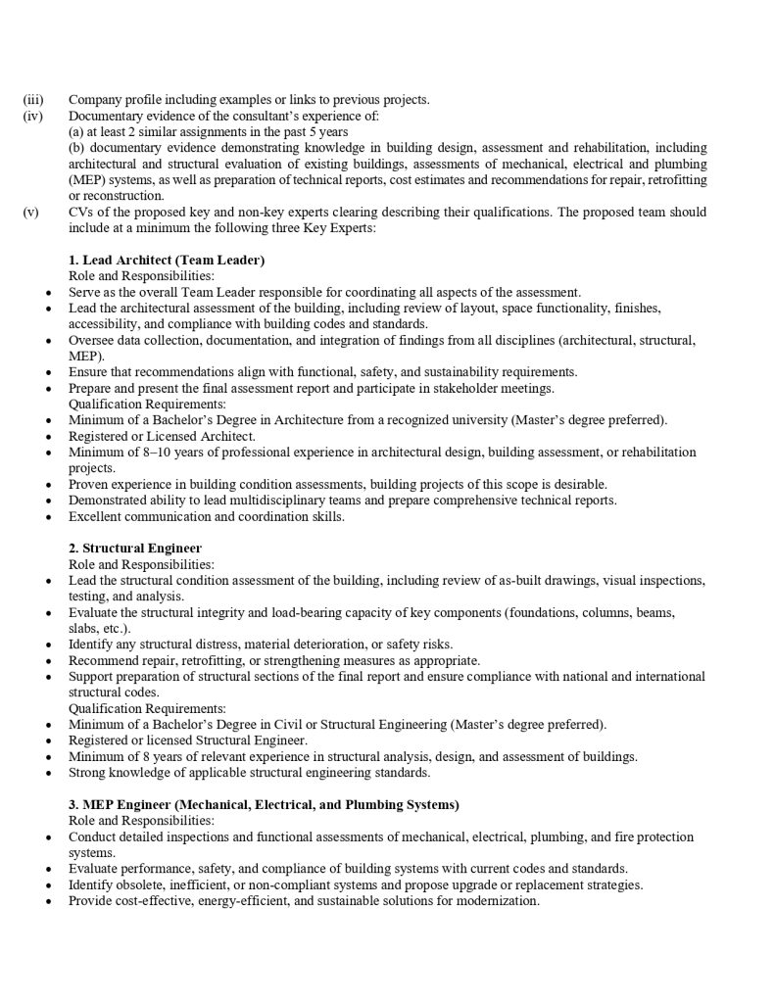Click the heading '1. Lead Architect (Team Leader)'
(167, 260)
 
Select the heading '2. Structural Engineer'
(135, 549)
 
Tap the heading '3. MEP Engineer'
(264, 804)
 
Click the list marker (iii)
(32, 100)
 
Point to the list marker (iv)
(32, 116)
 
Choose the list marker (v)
(31, 212)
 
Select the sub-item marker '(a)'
(76, 131)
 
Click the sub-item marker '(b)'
(76, 148)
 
